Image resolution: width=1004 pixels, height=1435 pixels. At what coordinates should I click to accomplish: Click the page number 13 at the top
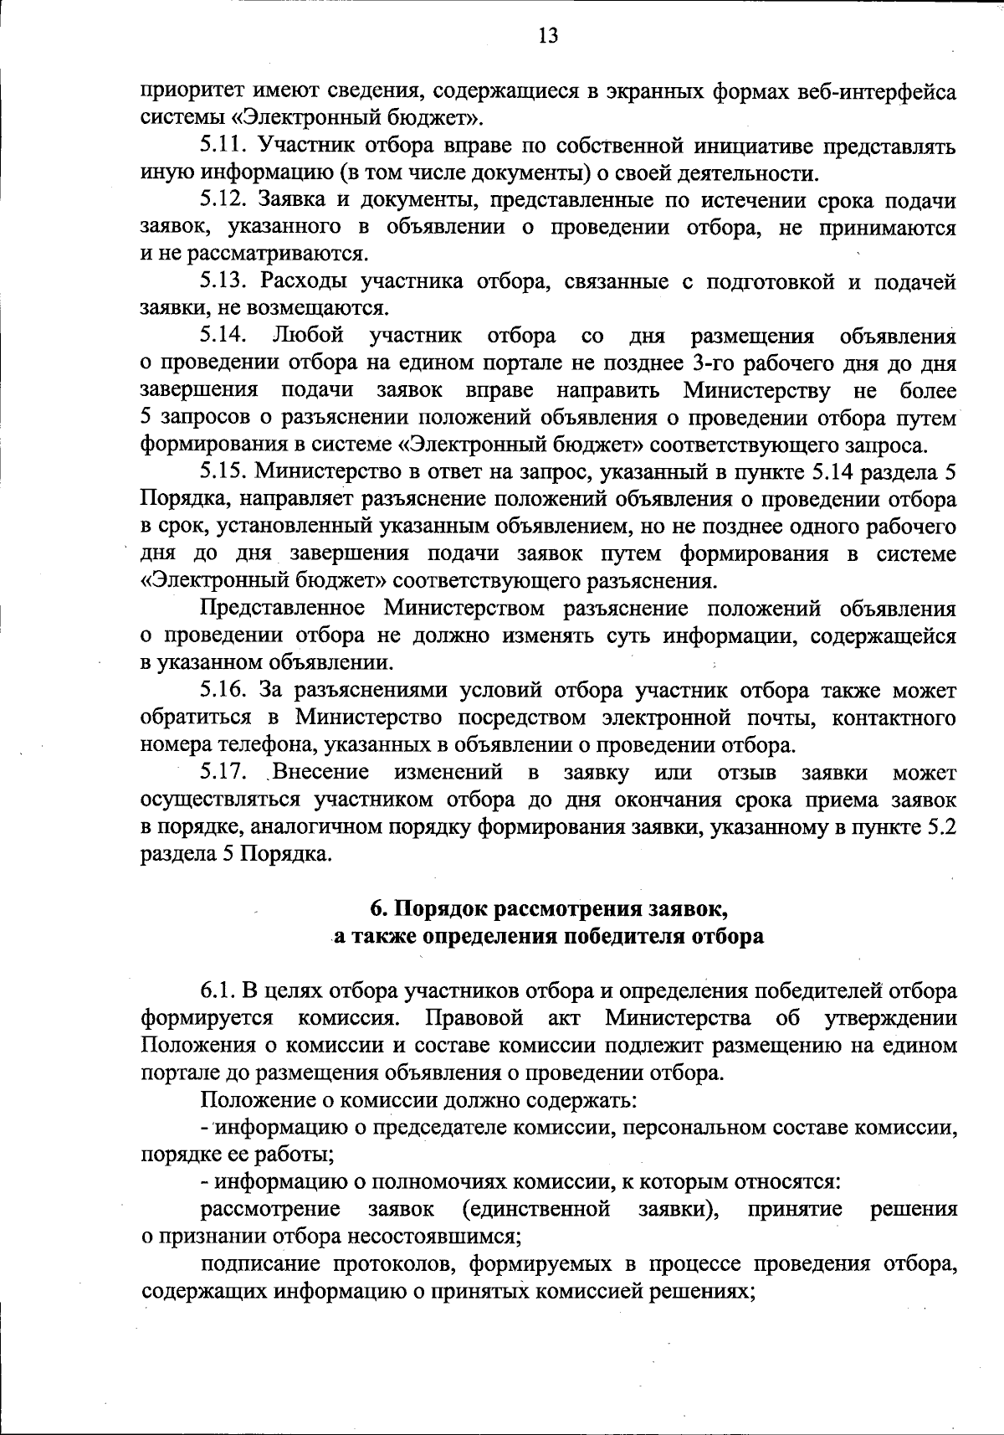(x=548, y=35)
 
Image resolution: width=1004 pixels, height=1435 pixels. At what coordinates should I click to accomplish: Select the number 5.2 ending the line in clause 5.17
(x=940, y=826)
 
